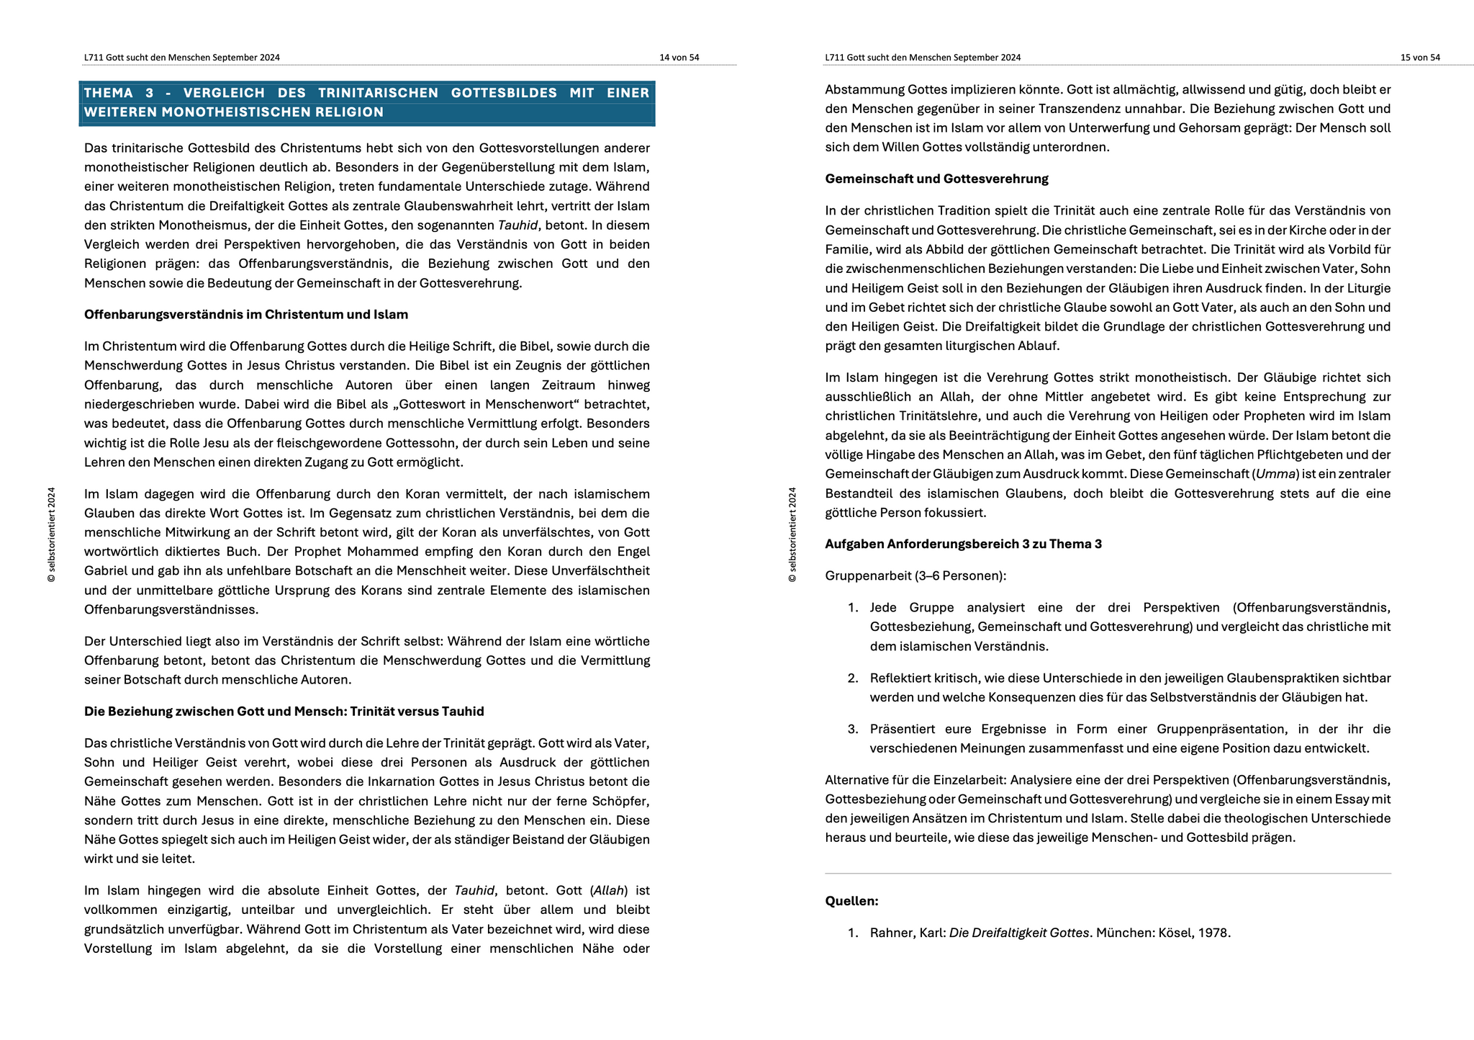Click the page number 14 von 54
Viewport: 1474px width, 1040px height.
pos(679,58)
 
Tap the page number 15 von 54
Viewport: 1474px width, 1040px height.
pos(1419,58)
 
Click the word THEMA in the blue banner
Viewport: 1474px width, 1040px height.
pos(109,93)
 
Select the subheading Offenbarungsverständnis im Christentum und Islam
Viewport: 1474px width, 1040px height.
pos(246,315)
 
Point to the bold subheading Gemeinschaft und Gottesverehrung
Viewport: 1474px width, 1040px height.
pos(936,179)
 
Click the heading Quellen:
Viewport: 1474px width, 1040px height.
pos(851,901)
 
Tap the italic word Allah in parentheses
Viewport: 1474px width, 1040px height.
pos(609,891)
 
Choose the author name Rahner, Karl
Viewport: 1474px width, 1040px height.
pos(906,933)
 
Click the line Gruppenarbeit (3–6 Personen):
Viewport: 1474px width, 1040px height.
pos(915,576)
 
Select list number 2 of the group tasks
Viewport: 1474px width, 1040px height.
pos(853,678)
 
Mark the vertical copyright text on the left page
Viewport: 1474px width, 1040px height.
pos(51,534)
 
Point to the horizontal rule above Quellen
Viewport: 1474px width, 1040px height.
pos(1108,874)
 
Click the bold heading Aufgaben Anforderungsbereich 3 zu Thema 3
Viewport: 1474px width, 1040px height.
pos(963,544)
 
